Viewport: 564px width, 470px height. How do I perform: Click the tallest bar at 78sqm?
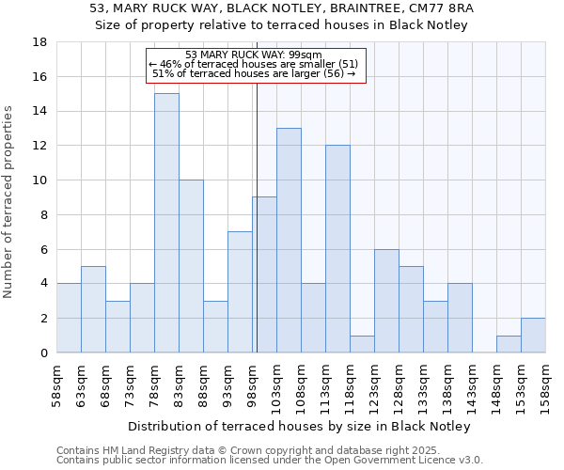166,223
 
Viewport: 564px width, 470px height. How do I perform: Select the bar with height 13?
289,241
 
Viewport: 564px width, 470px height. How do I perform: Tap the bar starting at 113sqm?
337,249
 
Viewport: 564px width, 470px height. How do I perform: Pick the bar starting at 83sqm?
191,266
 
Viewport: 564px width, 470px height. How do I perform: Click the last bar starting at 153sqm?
533,336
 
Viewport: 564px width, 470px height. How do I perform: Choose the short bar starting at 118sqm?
362,344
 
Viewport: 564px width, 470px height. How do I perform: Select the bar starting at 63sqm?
93,309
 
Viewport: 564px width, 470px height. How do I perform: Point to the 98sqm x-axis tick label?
252,384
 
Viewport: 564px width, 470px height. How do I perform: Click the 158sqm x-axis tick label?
545,384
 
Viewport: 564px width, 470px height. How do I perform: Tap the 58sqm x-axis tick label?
56,384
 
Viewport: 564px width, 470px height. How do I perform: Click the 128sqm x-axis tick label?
399,384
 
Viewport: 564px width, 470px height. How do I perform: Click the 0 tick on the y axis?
43,353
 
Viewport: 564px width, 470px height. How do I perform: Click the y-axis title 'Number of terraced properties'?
9,201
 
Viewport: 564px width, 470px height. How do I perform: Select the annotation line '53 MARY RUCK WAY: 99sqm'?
254,55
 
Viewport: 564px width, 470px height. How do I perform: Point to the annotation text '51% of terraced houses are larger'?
254,73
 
